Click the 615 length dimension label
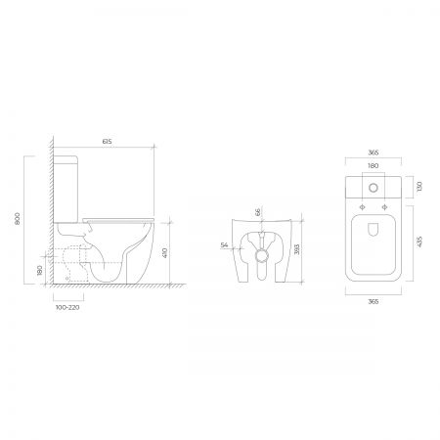point(107,142)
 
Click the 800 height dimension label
point(18,218)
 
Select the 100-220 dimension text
point(67,307)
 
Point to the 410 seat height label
point(164,253)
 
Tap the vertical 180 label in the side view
point(40,270)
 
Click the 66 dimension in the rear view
point(258,212)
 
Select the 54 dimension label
point(224,245)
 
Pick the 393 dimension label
point(296,249)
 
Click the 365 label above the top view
point(374,153)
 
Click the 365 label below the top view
point(374,301)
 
